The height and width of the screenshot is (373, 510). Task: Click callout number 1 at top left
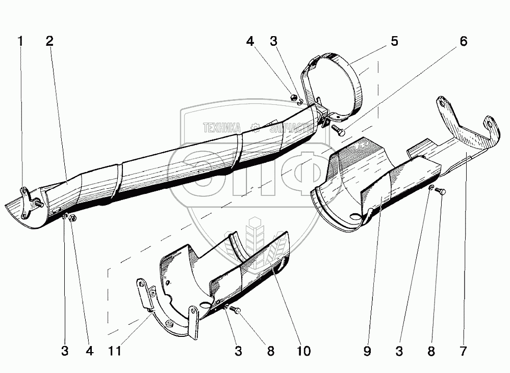(x=20, y=42)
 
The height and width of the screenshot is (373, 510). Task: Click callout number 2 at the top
(x=49, y=42)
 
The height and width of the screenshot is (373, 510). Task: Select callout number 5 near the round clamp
(x=394, y=42)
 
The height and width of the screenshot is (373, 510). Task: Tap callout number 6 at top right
(x=463, y=42)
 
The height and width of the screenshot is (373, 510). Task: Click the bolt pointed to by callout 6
(x=337, y=131)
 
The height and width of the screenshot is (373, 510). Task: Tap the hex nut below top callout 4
(x=294, y=96)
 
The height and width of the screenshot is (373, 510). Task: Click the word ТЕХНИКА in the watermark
(x=222, y=127)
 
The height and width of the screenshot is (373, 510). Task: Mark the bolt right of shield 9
(x=441, y=191)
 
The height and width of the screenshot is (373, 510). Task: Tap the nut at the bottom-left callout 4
(x=73, y=219)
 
